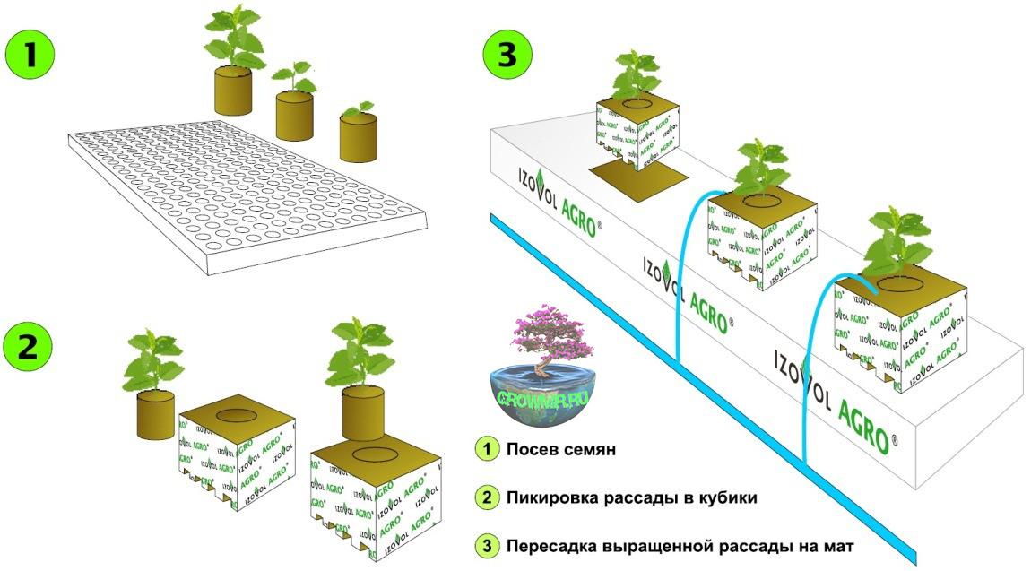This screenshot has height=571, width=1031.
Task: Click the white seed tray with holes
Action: pyautogui.click(x=242, y=194)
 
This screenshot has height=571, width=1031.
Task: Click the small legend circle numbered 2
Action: pyautogui.click(x=485, y=497)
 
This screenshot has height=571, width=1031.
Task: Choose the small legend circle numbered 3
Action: pyautogui.click(x=485, y=545)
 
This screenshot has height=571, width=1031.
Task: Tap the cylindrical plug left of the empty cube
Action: pyautogui.click(x=155, y=416)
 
